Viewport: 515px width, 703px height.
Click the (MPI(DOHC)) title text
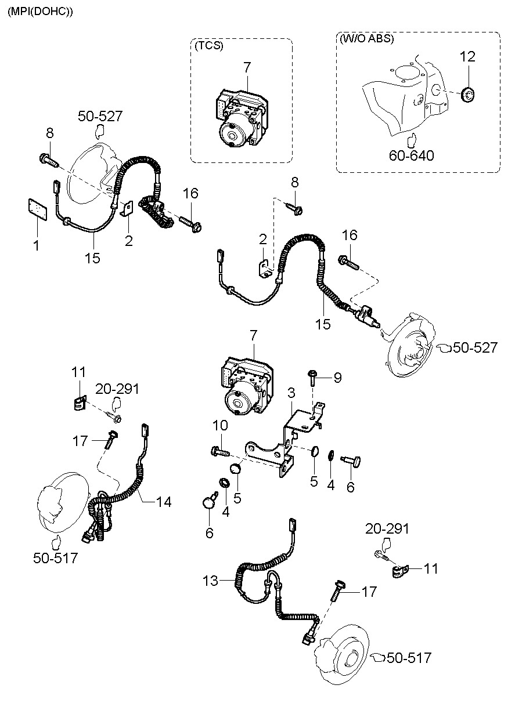coord(40,11)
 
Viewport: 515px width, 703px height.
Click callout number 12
coord(467,57)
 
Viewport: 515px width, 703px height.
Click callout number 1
coord(36,245)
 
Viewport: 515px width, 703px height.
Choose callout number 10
coord(220,426)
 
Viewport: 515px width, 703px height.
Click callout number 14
coord(164,501)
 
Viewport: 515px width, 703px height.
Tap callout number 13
coord(210,580)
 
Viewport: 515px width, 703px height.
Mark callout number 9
coord(337,378)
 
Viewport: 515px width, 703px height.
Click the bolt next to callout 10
coord(219,450)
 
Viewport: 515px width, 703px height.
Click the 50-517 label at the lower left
coord(55,558)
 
